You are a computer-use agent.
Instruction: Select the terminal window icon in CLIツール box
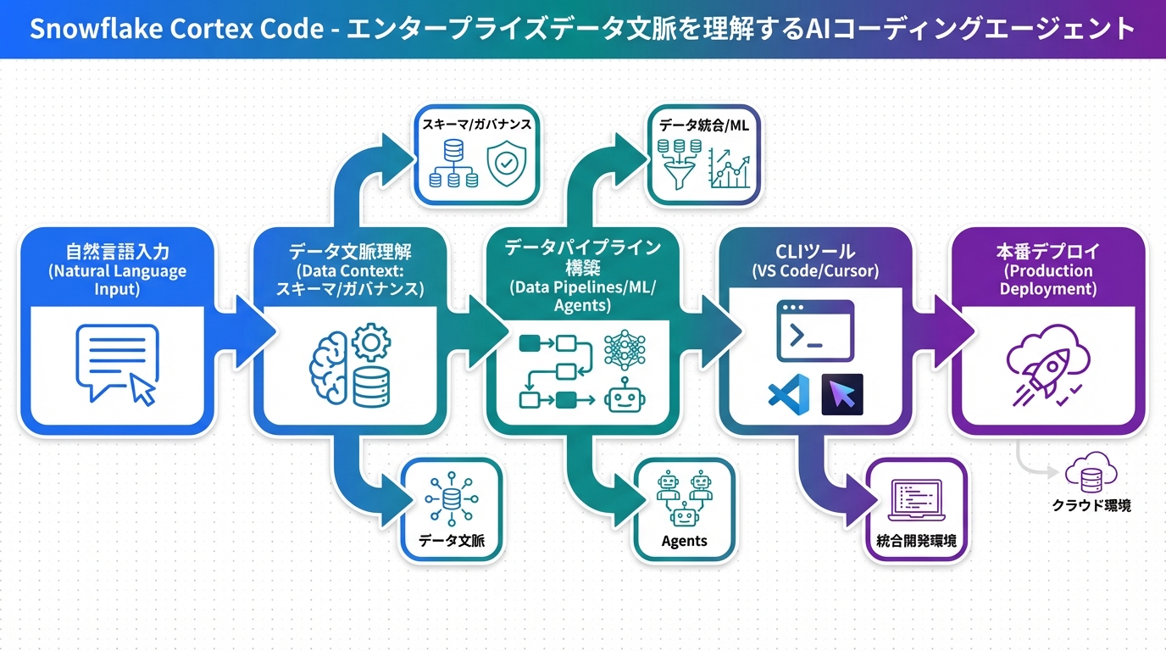[x=815, y=331]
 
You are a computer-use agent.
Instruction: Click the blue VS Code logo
[x=789, y=395]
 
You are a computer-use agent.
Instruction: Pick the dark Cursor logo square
[x=842, y=394]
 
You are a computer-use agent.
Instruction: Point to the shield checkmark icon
[x=507, y=164]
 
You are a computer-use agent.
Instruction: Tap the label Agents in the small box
[x=684, y=541]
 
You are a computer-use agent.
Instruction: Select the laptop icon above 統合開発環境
[x=916, y=500]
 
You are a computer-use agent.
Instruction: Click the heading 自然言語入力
[x=117, y=252]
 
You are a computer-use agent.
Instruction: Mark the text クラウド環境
[x=1091, y=505]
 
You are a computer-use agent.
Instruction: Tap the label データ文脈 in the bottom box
[x=452, y=541]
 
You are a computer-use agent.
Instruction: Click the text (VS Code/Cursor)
[x=815, y=272]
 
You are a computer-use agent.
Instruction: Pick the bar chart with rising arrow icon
[x=730, y=168]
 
